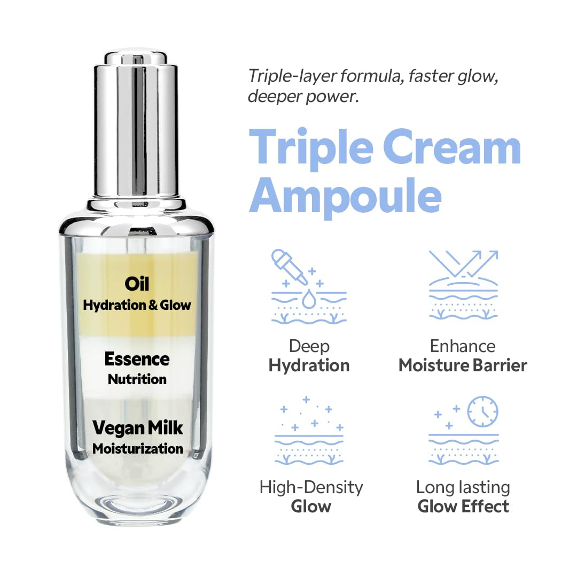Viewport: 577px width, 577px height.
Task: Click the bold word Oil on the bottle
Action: [x=137, y=284]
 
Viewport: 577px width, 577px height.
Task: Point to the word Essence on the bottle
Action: [x=137, y=359]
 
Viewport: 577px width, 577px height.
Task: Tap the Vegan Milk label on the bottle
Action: [x=137, y=428]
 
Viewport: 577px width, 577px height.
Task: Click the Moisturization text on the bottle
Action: [x=137, y=449]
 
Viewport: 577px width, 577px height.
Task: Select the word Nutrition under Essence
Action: [x=137, y=379]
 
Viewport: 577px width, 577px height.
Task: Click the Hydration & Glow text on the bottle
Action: [x=137, y=305]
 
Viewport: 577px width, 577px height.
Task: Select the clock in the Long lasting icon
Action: [x=482, y=412]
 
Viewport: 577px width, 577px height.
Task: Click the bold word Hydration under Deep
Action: [x=309, y=366]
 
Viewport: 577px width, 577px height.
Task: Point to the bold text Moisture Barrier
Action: [x=463, y=366]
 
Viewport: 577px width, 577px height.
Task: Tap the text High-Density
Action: [x=311, y=487]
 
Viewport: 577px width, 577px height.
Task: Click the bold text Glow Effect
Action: [x=463, y=506]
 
